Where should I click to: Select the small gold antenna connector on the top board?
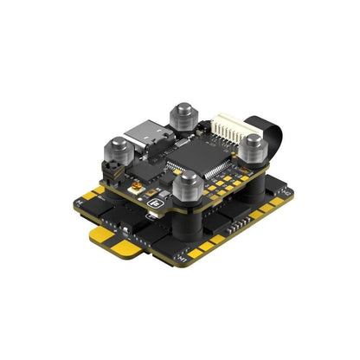click(136, 186)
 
